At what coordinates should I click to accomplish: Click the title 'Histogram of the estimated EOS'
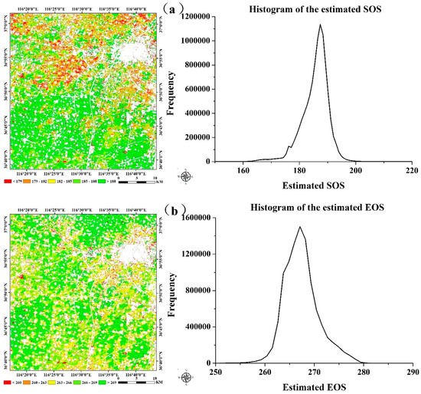click(315, 207)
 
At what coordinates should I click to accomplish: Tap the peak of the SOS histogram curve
click(320, 25)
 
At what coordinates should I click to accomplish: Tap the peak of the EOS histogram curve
click(300, 227)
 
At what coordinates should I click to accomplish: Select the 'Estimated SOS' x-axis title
click(315, 185)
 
